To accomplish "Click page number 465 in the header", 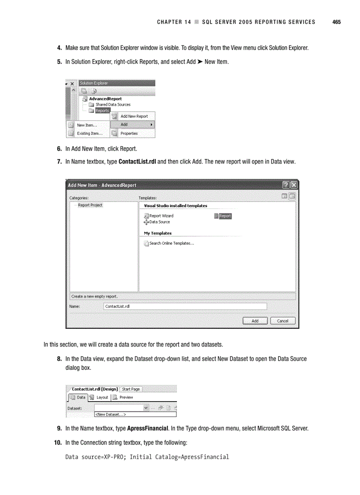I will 337,22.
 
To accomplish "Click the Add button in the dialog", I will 255,321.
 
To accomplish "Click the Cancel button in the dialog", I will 282,321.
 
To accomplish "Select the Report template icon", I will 217,216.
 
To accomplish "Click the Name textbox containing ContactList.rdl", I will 185,306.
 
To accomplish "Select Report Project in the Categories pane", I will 90,205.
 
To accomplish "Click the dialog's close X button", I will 294,185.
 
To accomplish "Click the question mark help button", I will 286,185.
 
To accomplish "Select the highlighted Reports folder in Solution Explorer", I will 102,111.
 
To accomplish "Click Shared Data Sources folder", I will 112,105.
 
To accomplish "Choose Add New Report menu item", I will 134,116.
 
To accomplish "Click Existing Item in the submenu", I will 90,134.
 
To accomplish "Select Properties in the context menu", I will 129,134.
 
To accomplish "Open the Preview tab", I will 126,397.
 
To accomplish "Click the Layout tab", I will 102,397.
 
